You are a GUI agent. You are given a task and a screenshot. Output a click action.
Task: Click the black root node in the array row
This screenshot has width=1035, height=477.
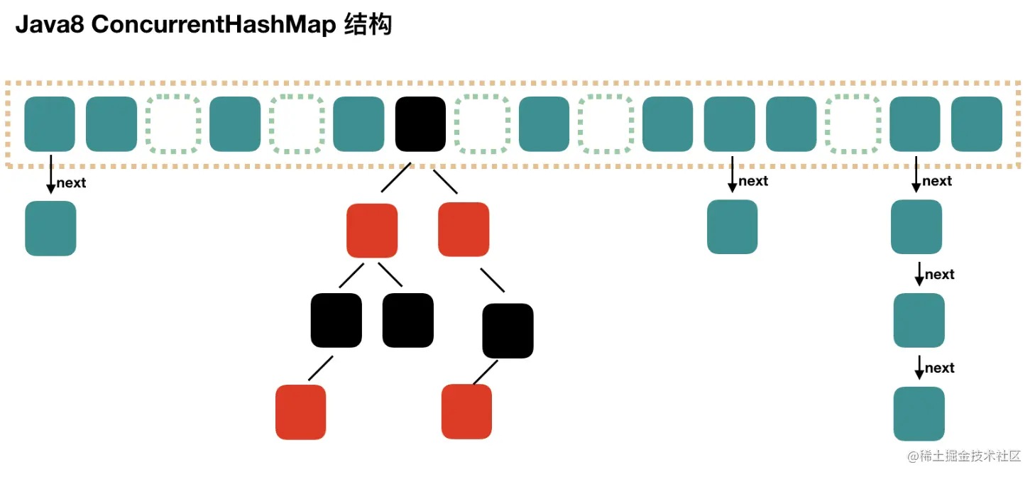[420, 124]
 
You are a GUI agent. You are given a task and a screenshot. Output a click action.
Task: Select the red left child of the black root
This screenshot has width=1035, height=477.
[372, 231]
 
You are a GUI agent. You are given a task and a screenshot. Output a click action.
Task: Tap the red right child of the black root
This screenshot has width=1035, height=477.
[464, 229]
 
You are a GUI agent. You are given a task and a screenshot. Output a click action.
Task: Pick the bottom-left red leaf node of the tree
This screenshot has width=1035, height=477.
[300, 412]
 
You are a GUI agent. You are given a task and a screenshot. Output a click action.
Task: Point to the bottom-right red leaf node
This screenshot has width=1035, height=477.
[466, 412]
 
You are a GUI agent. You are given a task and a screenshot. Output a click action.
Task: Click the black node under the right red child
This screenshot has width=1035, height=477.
[508, 330]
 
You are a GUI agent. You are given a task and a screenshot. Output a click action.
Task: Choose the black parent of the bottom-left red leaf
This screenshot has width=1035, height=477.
[336, 320]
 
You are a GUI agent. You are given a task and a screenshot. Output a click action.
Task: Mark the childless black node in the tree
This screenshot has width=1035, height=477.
[407, 320]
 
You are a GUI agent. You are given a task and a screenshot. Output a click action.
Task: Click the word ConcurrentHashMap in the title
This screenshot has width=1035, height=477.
[214, 25]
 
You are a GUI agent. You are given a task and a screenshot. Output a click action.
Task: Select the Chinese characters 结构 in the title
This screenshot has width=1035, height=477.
[367, 25]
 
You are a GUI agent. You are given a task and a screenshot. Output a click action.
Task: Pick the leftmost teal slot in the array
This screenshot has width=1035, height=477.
[50, 124]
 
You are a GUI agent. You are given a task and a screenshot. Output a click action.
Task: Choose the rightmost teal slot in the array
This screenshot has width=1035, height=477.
[976, 124]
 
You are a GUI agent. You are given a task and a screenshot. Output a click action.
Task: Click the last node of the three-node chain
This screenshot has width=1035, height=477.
[919, 414]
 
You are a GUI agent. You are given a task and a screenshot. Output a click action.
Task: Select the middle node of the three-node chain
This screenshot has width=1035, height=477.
[919, 320]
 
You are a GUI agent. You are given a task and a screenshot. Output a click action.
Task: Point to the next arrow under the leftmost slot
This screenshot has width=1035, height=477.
[51, 173]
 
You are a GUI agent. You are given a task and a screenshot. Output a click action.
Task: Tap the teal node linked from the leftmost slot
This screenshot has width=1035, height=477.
[50, 229]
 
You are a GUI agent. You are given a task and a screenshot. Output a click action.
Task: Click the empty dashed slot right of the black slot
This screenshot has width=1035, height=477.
[482, 124]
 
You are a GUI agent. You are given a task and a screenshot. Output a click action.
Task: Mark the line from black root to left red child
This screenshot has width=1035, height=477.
[396, 178]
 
